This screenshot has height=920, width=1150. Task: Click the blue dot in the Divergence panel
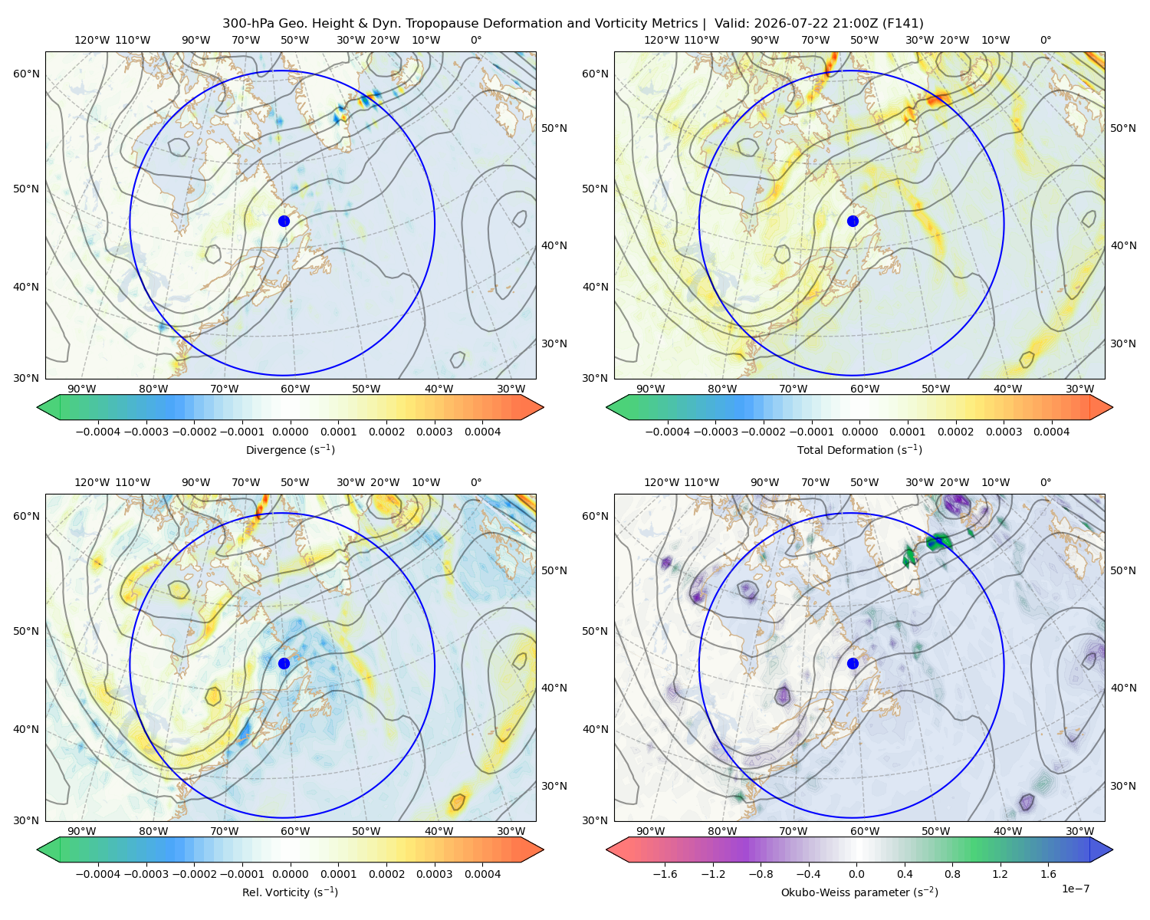[x=284, y=222]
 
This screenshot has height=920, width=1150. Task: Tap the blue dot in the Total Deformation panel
[x=853, y=222]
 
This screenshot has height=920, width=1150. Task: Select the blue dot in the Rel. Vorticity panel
[x=284, y=663]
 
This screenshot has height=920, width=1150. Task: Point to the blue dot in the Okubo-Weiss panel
[x=853, y=663]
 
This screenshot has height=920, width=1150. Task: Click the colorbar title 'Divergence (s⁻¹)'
[x=290, y=450]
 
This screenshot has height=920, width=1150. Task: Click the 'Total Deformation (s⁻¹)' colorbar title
[x=859, y=450]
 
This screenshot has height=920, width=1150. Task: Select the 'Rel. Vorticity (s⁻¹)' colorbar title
[x=290, y=892]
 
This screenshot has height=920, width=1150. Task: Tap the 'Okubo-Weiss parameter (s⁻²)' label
[x=859, y=892]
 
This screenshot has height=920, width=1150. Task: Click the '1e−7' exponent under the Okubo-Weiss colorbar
[x=1075, y=889]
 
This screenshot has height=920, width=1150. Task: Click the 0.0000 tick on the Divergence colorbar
[x=290, y=432]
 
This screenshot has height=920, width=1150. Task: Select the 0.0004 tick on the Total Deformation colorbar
[x=1051, y=432]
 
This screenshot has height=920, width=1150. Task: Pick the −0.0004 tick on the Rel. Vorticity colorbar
[x=98, y=874]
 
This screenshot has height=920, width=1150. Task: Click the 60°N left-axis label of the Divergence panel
[x=26, y=74]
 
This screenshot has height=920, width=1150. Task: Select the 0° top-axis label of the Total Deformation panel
[x=1046, y=40]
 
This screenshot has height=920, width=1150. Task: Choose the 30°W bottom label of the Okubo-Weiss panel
[x=1079, y=831]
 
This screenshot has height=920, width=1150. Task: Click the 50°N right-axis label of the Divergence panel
[x=554, y=128]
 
